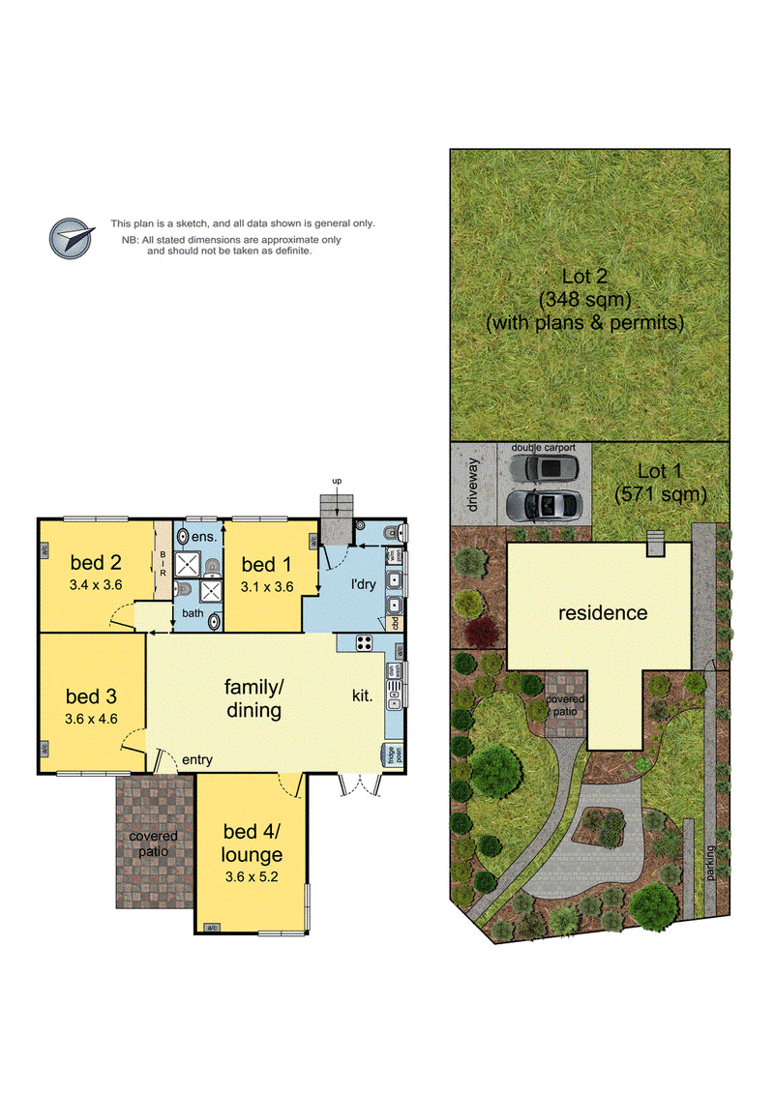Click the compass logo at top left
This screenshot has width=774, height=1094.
coord(74,236)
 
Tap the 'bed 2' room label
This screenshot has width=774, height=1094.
coord(94,562)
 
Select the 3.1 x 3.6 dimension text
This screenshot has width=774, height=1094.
coord(266,585)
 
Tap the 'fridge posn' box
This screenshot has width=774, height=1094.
coord(394,754)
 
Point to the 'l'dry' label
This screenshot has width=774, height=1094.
coord(363,585)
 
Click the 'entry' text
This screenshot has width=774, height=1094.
coord(196,760)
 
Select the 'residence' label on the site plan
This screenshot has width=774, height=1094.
coord(601,612)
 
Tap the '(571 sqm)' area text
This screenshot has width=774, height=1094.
coord(661,494)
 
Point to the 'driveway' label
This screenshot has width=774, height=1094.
coord(473,484)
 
